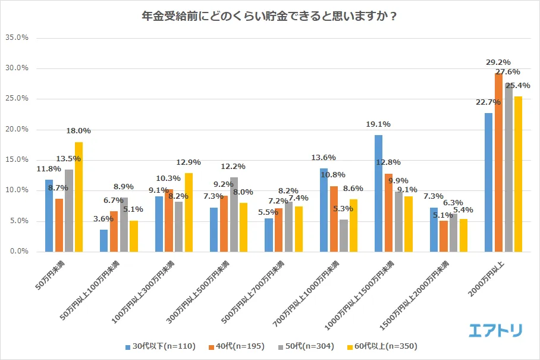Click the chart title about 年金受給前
pos(269,16)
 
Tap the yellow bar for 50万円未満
pos(79,197)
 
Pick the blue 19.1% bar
pos(379,193)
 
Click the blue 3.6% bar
pos(104,241)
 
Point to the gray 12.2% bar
pos(234,214)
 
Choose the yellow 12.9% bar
pos(189,212)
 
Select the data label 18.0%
pos(79,131)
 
